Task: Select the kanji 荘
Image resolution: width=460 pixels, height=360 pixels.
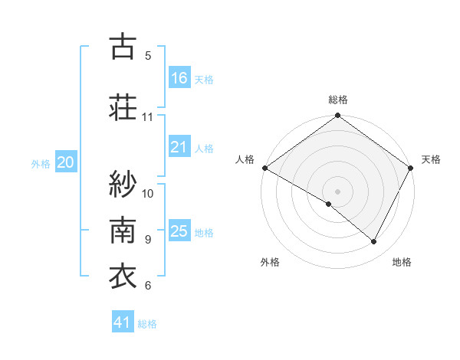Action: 122,106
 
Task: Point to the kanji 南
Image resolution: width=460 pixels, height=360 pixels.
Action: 122,229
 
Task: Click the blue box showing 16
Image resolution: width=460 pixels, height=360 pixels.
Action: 179,78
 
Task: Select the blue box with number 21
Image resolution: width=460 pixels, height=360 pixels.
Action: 179,147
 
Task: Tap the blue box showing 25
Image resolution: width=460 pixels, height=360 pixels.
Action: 179,231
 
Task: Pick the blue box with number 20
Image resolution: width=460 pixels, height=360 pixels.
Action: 66,162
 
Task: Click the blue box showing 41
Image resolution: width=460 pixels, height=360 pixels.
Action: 123,322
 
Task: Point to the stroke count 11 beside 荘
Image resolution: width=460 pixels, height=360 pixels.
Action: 148,117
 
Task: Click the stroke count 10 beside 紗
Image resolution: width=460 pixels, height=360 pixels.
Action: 148,193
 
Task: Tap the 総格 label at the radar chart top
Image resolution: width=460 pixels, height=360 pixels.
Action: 337,100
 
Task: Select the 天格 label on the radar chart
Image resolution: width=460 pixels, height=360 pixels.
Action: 431,159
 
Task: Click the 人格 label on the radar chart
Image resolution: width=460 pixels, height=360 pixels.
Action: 245,159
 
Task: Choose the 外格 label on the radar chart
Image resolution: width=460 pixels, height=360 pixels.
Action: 270,262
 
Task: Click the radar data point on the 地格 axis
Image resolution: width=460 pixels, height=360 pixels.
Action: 374,242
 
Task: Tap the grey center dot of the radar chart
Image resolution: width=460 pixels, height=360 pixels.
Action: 337,191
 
